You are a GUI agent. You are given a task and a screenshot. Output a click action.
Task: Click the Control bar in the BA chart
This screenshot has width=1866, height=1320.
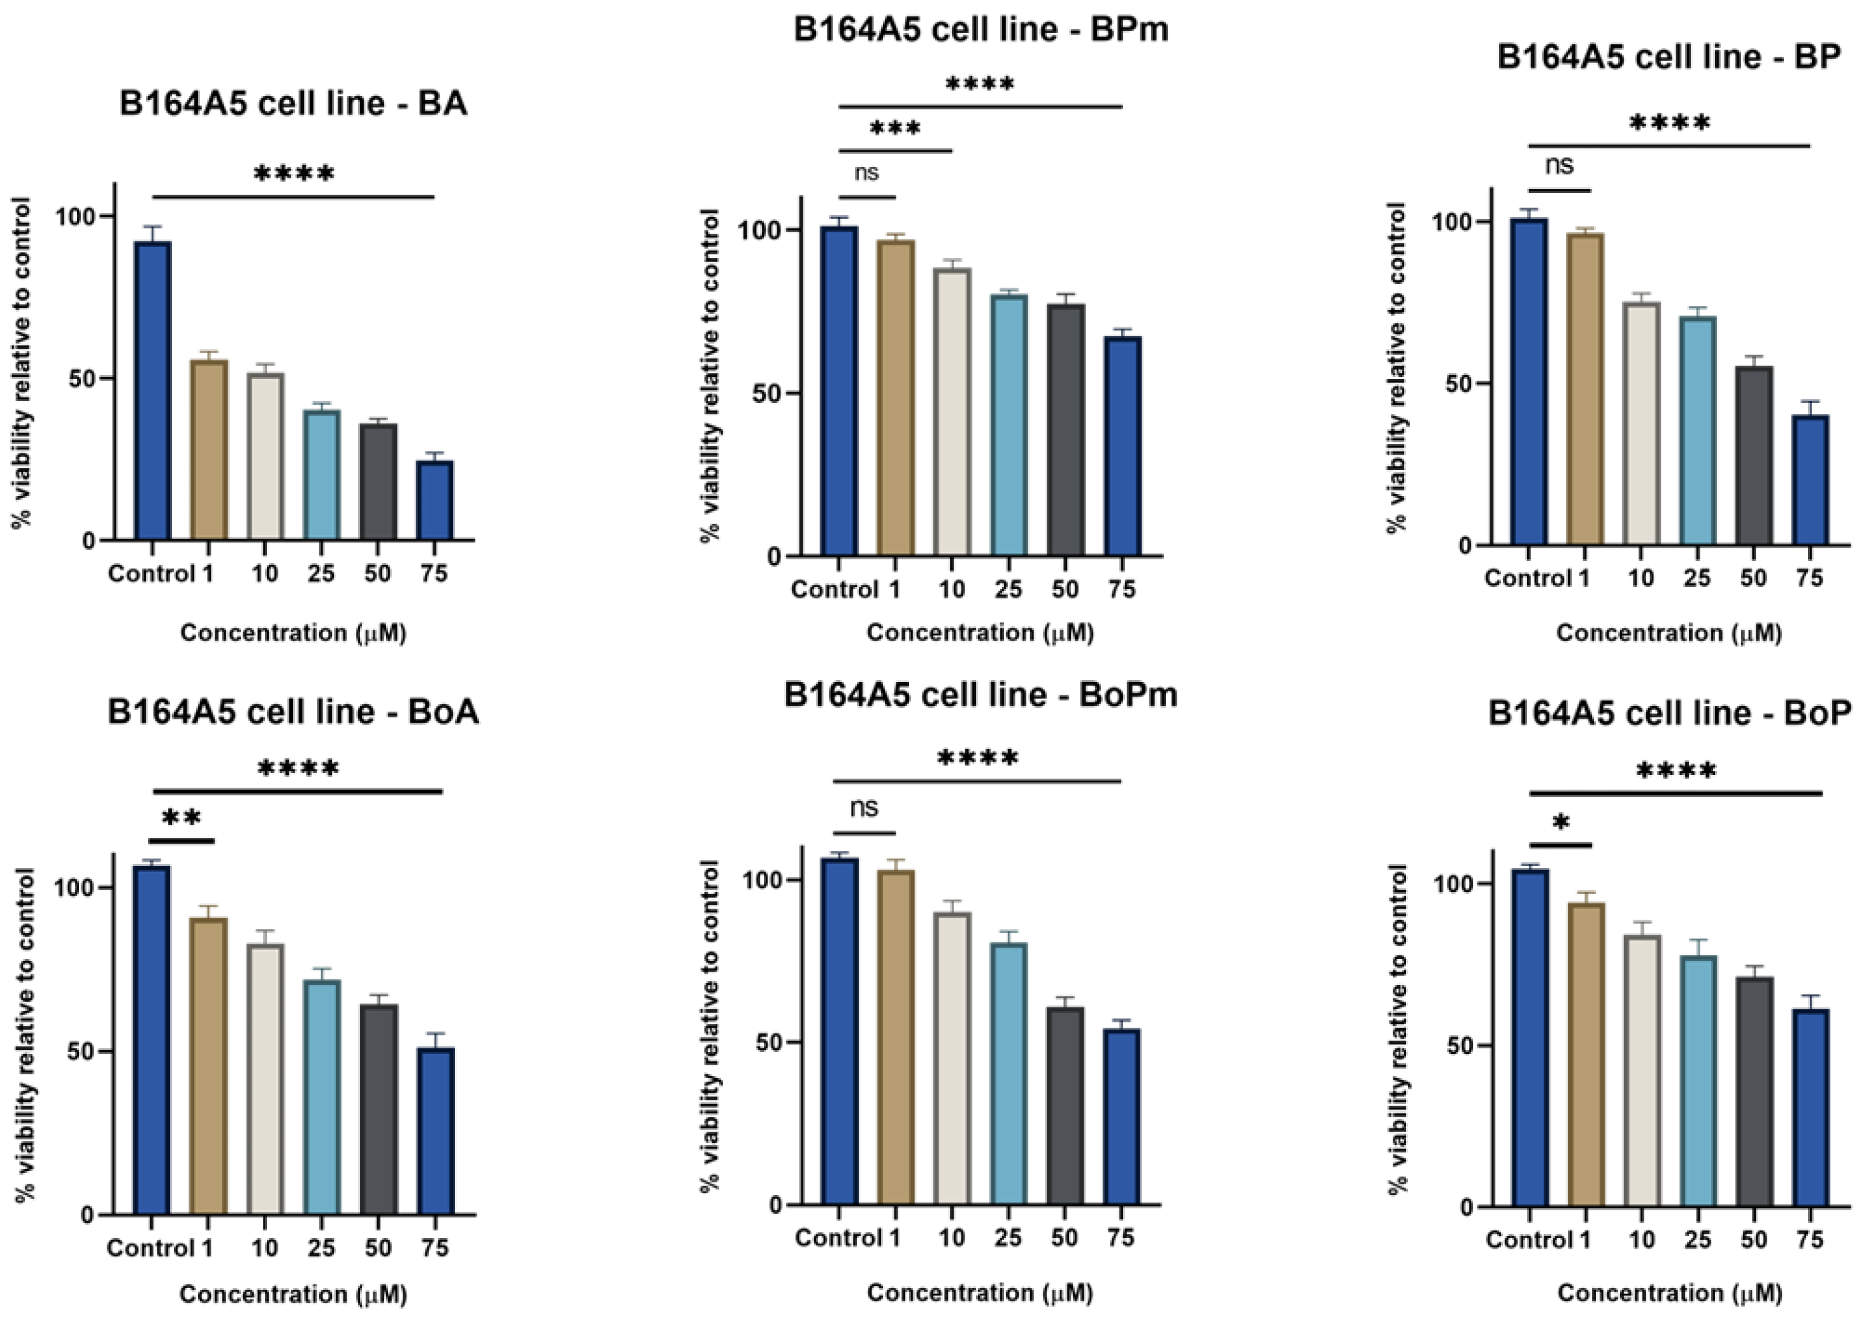(153, 390)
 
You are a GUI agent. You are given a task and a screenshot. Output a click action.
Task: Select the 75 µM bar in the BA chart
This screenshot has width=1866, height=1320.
(434, 500)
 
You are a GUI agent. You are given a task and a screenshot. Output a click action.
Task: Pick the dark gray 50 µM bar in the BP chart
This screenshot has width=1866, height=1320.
(1753, 455)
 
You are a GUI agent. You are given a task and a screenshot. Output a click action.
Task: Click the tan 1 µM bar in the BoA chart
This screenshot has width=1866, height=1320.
(208, 1065)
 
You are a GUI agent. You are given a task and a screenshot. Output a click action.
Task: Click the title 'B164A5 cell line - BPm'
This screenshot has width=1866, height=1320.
(980, 30)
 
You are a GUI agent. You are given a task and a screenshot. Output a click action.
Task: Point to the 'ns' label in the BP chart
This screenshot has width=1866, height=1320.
(1559, 166)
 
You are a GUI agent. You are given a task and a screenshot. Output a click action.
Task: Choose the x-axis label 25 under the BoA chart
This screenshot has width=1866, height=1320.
(321, 1247)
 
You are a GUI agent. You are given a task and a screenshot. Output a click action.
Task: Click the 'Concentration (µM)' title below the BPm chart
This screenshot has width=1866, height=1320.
(980, 632)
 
